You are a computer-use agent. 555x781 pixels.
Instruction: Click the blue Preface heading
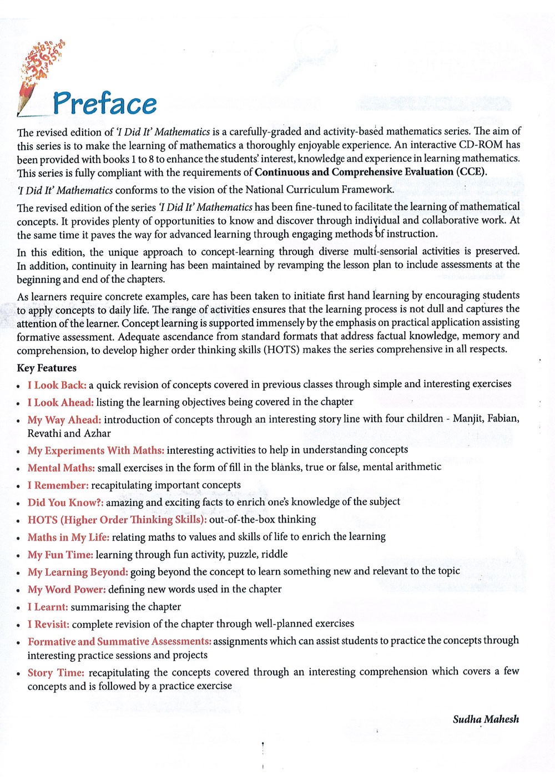(x=105, y=104)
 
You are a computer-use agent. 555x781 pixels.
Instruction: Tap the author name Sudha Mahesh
(x=486, y=719)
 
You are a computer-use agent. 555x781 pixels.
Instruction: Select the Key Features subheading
(x=47, y=368)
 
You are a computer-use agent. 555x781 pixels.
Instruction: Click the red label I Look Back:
(x=57, y=385)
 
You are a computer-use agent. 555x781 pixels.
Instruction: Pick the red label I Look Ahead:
(x=60, y=402)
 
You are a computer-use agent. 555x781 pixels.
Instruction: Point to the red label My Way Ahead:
(x=64, y=420)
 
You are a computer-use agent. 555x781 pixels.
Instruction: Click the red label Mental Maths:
(x=61, y=468)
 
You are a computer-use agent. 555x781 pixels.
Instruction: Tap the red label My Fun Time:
(x=60, y=555)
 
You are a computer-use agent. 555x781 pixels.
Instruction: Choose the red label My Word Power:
(x=67, y=590)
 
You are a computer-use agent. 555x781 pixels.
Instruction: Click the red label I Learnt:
(x=48, y=607)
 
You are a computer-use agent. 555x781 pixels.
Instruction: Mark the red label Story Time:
(x=56, y=673)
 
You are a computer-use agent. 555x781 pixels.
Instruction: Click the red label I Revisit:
(x=48, y=624)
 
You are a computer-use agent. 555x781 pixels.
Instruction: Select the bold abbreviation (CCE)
(x=471, y=172)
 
